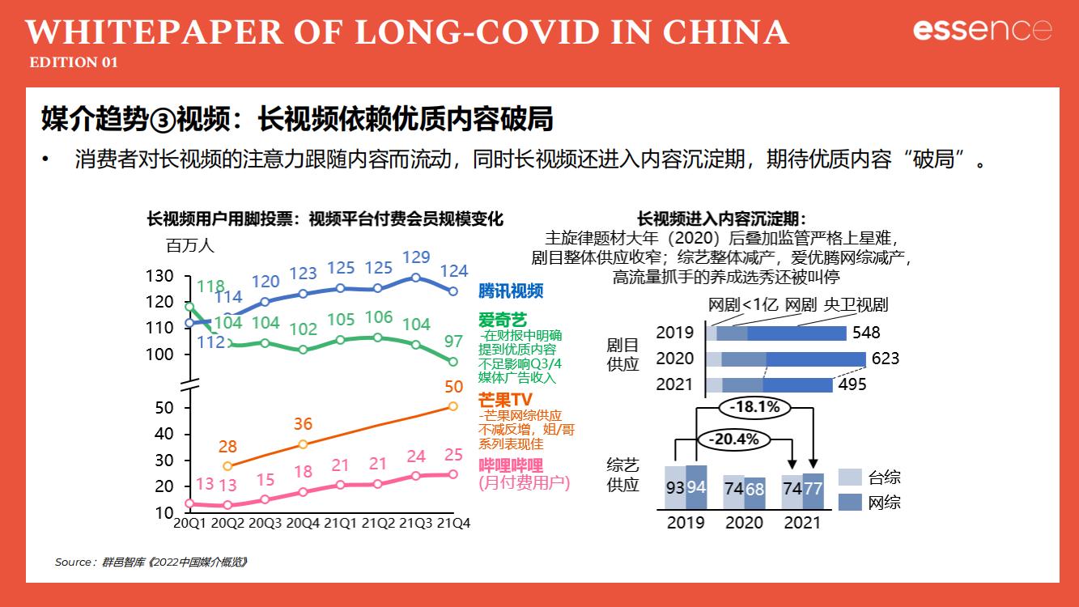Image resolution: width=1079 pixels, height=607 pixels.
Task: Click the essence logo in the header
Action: (982, 30)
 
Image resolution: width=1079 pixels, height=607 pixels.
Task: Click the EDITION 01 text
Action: (74, 62)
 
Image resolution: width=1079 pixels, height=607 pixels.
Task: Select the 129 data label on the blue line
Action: (416, 257)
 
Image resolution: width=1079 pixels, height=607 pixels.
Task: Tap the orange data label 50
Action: (454, 387)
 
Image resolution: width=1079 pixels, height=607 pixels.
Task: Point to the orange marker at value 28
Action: (227, 466)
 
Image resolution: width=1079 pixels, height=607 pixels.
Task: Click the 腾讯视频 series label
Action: (511, 291)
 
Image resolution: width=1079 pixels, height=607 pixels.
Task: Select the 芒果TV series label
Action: (505, 400)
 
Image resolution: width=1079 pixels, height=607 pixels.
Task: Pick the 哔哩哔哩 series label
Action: (511, 465)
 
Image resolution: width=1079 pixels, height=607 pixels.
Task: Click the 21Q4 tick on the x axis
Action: (452, 523)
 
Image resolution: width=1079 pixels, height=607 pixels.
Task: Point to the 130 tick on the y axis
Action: (160, 276)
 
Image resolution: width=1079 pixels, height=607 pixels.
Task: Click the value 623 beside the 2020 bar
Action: (886, 358)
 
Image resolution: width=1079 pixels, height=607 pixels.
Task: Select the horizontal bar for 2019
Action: (775, 333)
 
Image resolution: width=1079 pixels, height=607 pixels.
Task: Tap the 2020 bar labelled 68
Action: (754, 494)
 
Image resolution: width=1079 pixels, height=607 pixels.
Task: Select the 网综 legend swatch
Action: (849, 502)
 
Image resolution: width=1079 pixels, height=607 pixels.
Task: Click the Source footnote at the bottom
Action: (151, 562)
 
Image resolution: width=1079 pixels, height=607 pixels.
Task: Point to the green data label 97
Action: (454, 342)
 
